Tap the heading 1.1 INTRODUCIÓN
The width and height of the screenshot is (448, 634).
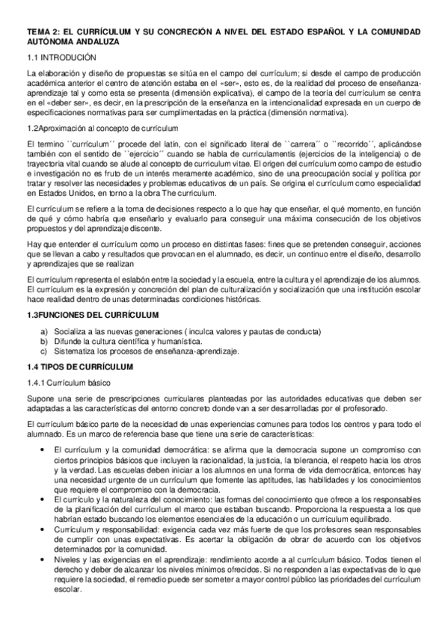tap(61, 57)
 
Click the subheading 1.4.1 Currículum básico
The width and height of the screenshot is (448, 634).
tap(67, 382)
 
